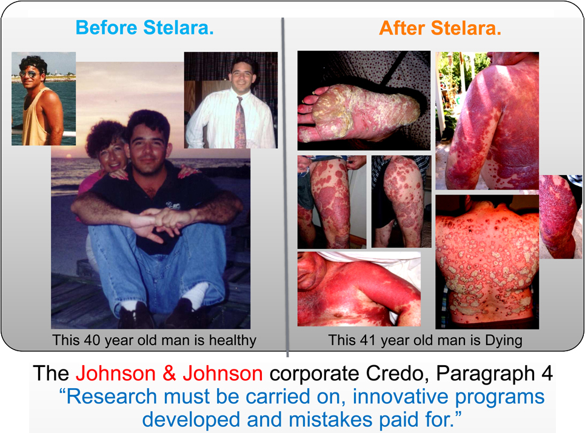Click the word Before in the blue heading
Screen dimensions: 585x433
(106, 28)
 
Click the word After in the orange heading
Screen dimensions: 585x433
(402, 28)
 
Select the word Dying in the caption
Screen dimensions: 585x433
(503, 340)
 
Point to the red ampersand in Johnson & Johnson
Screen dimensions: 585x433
(169, 373)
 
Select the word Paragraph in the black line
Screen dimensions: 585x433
(486, 374)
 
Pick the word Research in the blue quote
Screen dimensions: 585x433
(112, 396)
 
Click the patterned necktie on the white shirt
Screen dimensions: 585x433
(240, 121)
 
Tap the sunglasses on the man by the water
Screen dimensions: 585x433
(28, 74)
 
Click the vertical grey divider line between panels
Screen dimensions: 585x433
(285, 187)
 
